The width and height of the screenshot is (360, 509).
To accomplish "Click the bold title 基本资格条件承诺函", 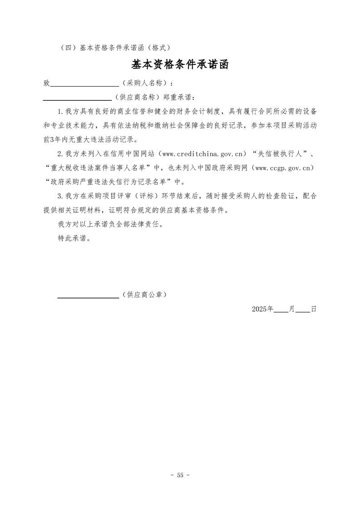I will (179, 65).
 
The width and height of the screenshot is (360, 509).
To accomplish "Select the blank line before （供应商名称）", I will (77, 98).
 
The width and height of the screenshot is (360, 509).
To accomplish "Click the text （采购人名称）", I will (146, 84).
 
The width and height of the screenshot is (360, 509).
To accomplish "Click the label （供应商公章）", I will (144, 295).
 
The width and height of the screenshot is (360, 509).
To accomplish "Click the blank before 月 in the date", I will (281, 309).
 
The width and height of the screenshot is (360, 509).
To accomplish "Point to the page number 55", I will (180, 475).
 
